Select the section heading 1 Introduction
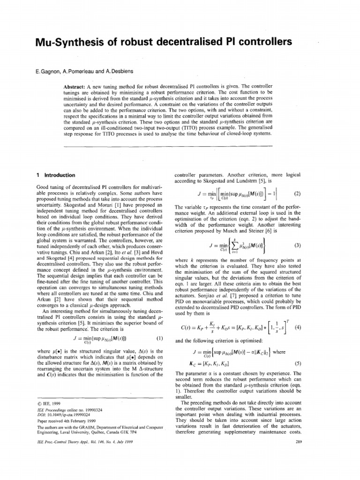[x=56, y=175]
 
